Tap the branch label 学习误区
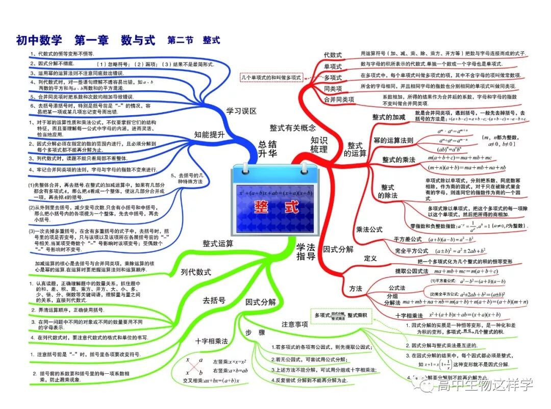pos(241,111)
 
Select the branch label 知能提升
pos(209,135)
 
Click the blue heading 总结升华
pos(268,148)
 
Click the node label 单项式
pos(333,66)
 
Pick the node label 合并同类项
pos(339,99)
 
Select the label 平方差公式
pos(408,239)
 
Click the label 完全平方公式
pos(411,251)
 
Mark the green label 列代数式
pos(196,272)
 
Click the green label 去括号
pos(214,300)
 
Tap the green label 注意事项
pos(294,324)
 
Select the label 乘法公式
pos(369,229)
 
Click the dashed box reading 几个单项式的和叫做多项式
pos(271,78)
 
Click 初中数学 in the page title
pos(39,39)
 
